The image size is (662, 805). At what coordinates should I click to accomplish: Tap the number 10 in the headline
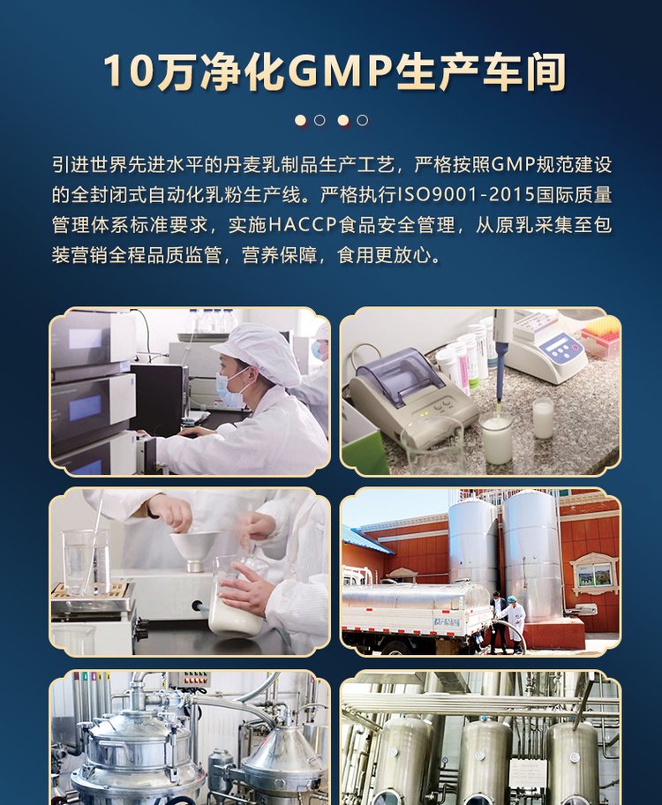129,71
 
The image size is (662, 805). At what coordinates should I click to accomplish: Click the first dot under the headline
300,121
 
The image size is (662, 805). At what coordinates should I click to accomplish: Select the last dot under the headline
362,121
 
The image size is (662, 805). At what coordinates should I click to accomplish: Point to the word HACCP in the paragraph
303,225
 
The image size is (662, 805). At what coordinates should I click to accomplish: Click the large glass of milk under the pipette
497,438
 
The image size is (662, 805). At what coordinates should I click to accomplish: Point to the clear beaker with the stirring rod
87,562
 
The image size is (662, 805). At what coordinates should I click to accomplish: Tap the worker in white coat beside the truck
513,623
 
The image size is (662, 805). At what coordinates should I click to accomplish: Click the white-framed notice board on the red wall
594,574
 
